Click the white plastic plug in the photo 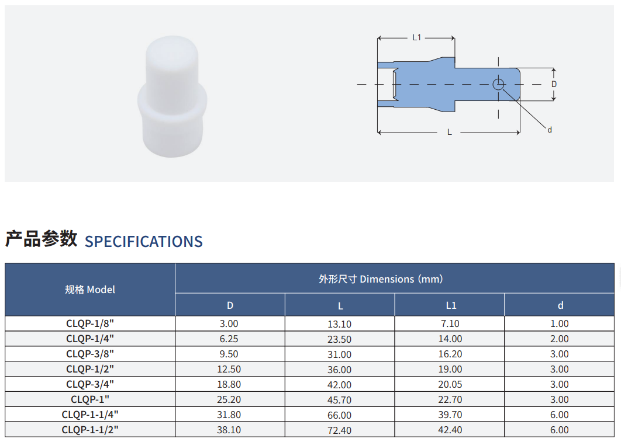pos(172,97)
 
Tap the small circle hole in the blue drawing pos(498,84)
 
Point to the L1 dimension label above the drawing pos(417,37)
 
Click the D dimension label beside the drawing pos(554,84)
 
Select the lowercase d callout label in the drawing pos(550,130)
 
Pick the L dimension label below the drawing pos(450,132)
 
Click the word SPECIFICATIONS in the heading pos(144,242)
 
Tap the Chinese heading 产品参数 pos(41,239)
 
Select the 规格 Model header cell pos(90,290)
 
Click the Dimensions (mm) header pos(381,279)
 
